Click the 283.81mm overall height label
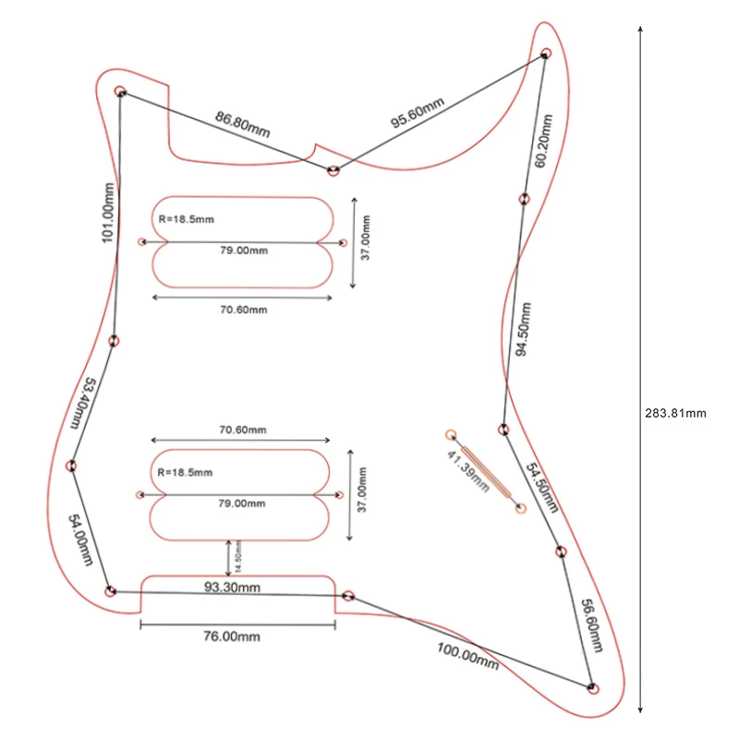[675, 413]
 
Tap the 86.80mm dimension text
[242, 125]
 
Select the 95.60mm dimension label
[418, 113]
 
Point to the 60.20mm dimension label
[543, 141]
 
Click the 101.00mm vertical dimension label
[108, 213]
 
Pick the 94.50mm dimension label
[523, 330]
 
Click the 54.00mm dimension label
[80, 539]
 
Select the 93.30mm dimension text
[232, 588]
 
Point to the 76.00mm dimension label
[232, 636]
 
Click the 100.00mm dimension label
[467, 656]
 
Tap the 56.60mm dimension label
[592, 625]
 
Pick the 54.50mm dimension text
[542, 488]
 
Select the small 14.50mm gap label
[238, 557]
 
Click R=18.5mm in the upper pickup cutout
[187, 219]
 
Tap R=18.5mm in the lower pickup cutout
[185, 472]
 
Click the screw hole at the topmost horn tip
[546, 53]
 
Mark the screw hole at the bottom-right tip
[594, 688]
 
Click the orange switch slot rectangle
[486, 472]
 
